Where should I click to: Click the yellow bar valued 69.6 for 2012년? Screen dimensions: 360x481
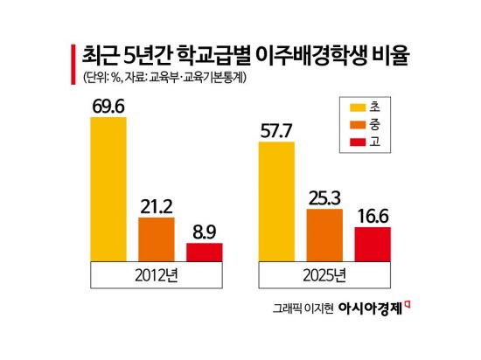click(108, 187)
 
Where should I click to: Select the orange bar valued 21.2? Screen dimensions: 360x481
click(157, 239)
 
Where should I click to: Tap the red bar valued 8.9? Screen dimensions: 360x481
click(204, 252)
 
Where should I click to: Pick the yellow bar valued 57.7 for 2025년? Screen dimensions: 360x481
click(276, 200)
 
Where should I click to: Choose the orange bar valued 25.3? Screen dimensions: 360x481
click(324, 234)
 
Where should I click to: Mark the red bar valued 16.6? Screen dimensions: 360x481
click(372, 244)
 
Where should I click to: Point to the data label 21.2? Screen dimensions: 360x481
click(157, 207)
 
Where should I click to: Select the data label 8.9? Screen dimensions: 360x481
click(204, 232)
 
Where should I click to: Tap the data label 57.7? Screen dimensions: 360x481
click(276, 130)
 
